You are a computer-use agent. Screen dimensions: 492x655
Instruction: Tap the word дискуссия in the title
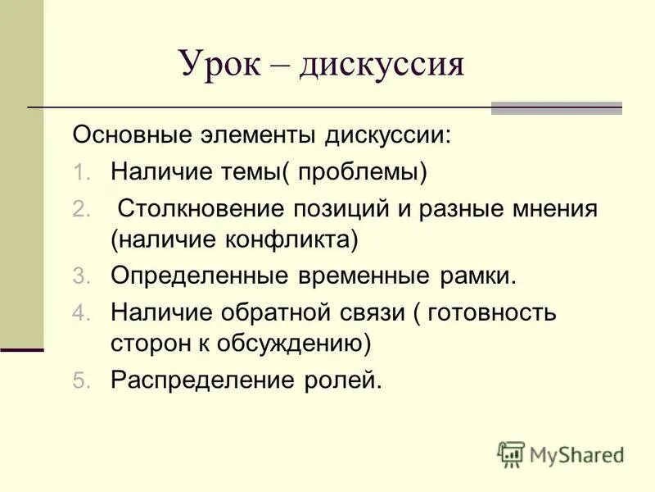tap(381, 64)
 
